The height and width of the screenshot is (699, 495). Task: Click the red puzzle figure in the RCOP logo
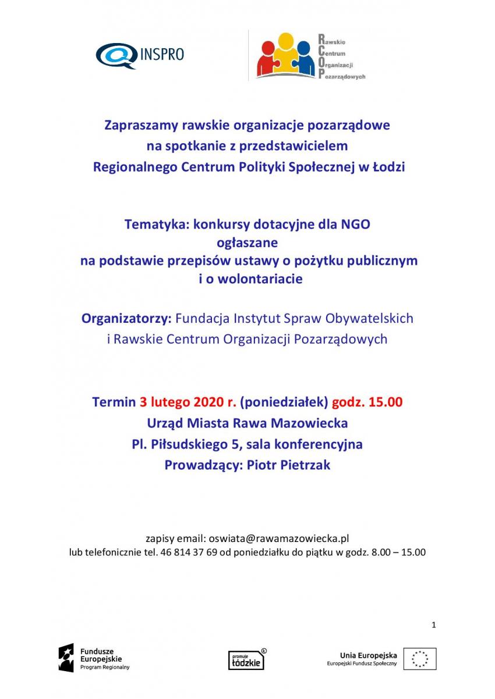point(267,60)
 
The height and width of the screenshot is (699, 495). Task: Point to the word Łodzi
point(388,167)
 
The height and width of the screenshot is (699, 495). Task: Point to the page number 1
point(434,625)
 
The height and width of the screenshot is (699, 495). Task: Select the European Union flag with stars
point(420,659)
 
